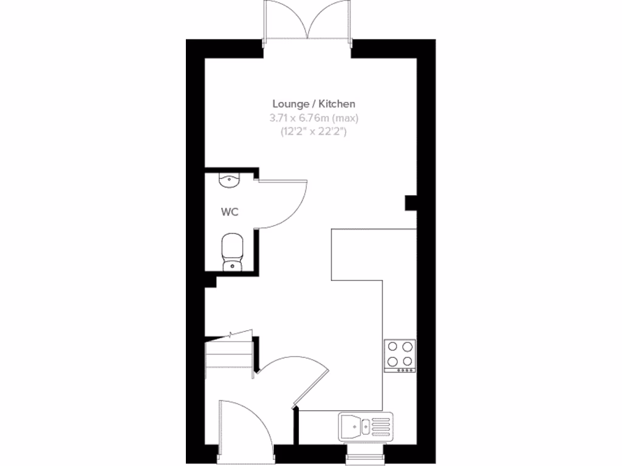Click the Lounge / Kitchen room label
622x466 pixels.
click(313, 104)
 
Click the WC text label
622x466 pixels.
click(229, 212)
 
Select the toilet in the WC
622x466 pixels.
click(232, 251)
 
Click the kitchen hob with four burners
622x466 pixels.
click(400, 355)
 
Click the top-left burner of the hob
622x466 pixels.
click(393, 348)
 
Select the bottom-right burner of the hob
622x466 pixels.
click(407, 362)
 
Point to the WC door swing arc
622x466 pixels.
click(285, 203)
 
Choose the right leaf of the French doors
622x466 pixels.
click(330, 21)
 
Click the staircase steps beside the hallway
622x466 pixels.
click(229, 358)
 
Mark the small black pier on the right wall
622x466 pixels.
click(411, 203)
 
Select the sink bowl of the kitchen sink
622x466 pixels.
click(352, 425)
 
